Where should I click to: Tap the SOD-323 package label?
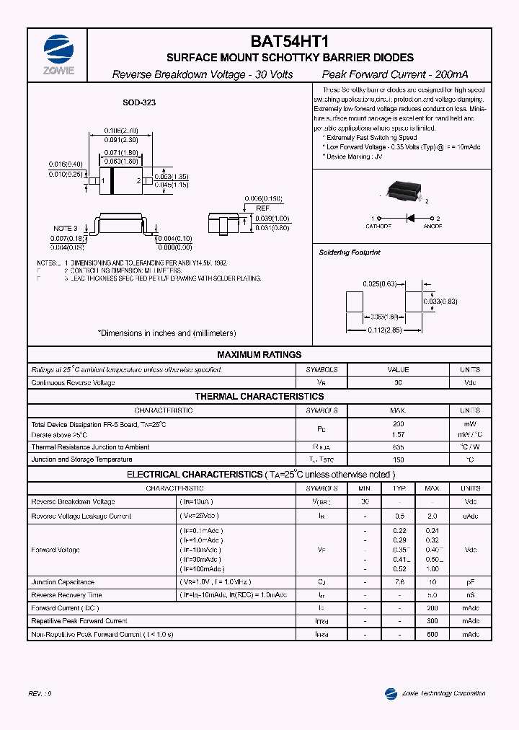(x=139, y=103)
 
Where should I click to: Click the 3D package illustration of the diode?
(x=402, y=190)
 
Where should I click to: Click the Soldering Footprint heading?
(x=350, y=253)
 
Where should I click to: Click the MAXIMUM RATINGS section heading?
(x=259, y=355)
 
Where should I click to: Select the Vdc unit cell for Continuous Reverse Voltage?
(x=470, y=383)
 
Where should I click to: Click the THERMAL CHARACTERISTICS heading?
(x=259, y=397)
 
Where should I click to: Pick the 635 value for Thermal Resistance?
(x=399, y=447)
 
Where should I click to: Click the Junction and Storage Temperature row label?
(x=81, y=459)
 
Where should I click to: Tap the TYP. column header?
(x=399, y=488)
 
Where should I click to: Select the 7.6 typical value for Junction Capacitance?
(x=399, y=582)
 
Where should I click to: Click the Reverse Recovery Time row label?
(x=66, y=595)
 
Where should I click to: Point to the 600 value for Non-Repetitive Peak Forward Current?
(x=432, y=634)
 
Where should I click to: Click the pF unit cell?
(x=470, y=582)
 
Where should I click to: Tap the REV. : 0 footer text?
(x=40, y=693)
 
